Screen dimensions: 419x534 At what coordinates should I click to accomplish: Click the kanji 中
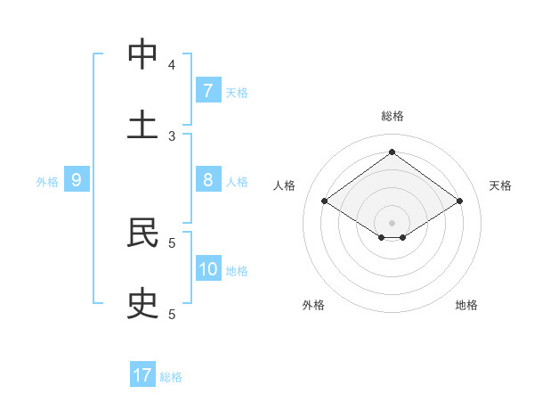142,55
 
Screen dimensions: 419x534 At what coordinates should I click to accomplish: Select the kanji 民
142,233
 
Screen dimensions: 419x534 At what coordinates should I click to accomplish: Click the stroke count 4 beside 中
172,64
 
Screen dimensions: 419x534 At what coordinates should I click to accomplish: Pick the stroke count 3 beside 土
172,136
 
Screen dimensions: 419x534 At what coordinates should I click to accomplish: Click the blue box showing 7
207,90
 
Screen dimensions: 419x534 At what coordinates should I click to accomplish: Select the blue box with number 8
207,179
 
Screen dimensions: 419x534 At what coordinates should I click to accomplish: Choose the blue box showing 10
208,268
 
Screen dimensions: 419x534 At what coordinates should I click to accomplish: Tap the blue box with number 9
77,180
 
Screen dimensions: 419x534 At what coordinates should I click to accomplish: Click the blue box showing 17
142,375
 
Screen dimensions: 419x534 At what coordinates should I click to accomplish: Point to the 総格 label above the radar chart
392,116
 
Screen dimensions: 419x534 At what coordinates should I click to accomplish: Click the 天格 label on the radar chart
500,185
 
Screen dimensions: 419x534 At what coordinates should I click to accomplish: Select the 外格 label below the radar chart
313,305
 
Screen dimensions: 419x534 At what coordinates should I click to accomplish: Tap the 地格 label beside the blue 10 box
237,271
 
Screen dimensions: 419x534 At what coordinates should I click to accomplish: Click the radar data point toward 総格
392,152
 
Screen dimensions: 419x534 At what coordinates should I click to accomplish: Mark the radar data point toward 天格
459,201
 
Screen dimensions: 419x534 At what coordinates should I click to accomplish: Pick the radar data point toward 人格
325,201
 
